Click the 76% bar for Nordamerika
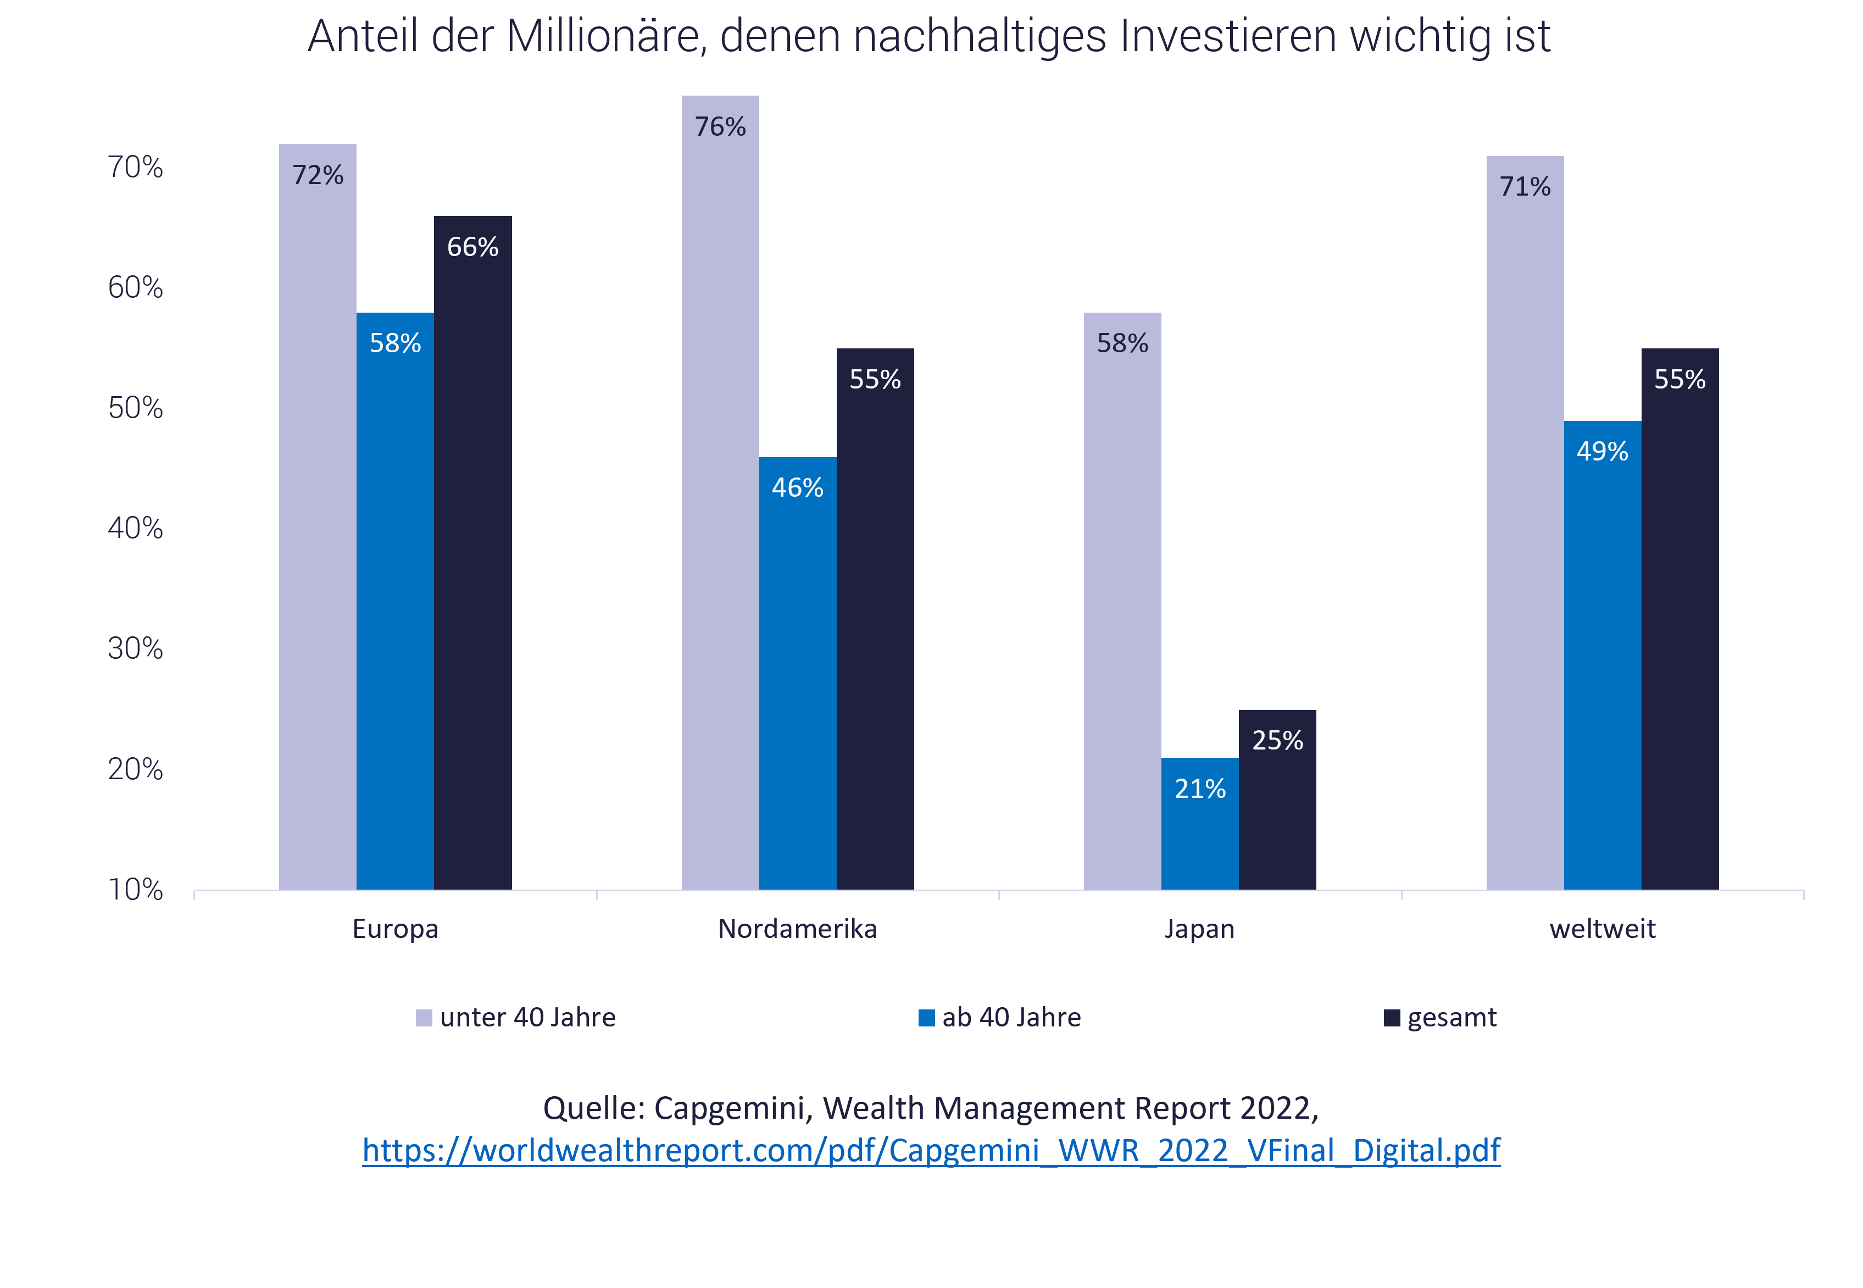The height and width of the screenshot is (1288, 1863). (720, 492)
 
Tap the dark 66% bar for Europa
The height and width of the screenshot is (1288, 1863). (473, 553)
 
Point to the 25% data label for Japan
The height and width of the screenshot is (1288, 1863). (1277, 740)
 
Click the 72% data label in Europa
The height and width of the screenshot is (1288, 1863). (318, 175)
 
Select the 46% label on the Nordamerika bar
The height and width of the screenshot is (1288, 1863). (797, 487)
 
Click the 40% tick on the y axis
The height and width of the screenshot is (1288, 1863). (136, 529)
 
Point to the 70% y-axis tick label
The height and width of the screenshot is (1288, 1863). (136, 167)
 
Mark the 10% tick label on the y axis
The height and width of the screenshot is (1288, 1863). (136, 889)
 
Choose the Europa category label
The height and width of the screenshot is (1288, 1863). (396, 929)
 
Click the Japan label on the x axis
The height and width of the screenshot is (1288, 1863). (1199, 929)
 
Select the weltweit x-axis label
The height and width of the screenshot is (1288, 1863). (1603, 929)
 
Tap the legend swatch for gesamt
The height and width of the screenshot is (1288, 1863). (1392, 1018)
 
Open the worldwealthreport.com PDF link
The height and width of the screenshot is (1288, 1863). (931, 1150)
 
